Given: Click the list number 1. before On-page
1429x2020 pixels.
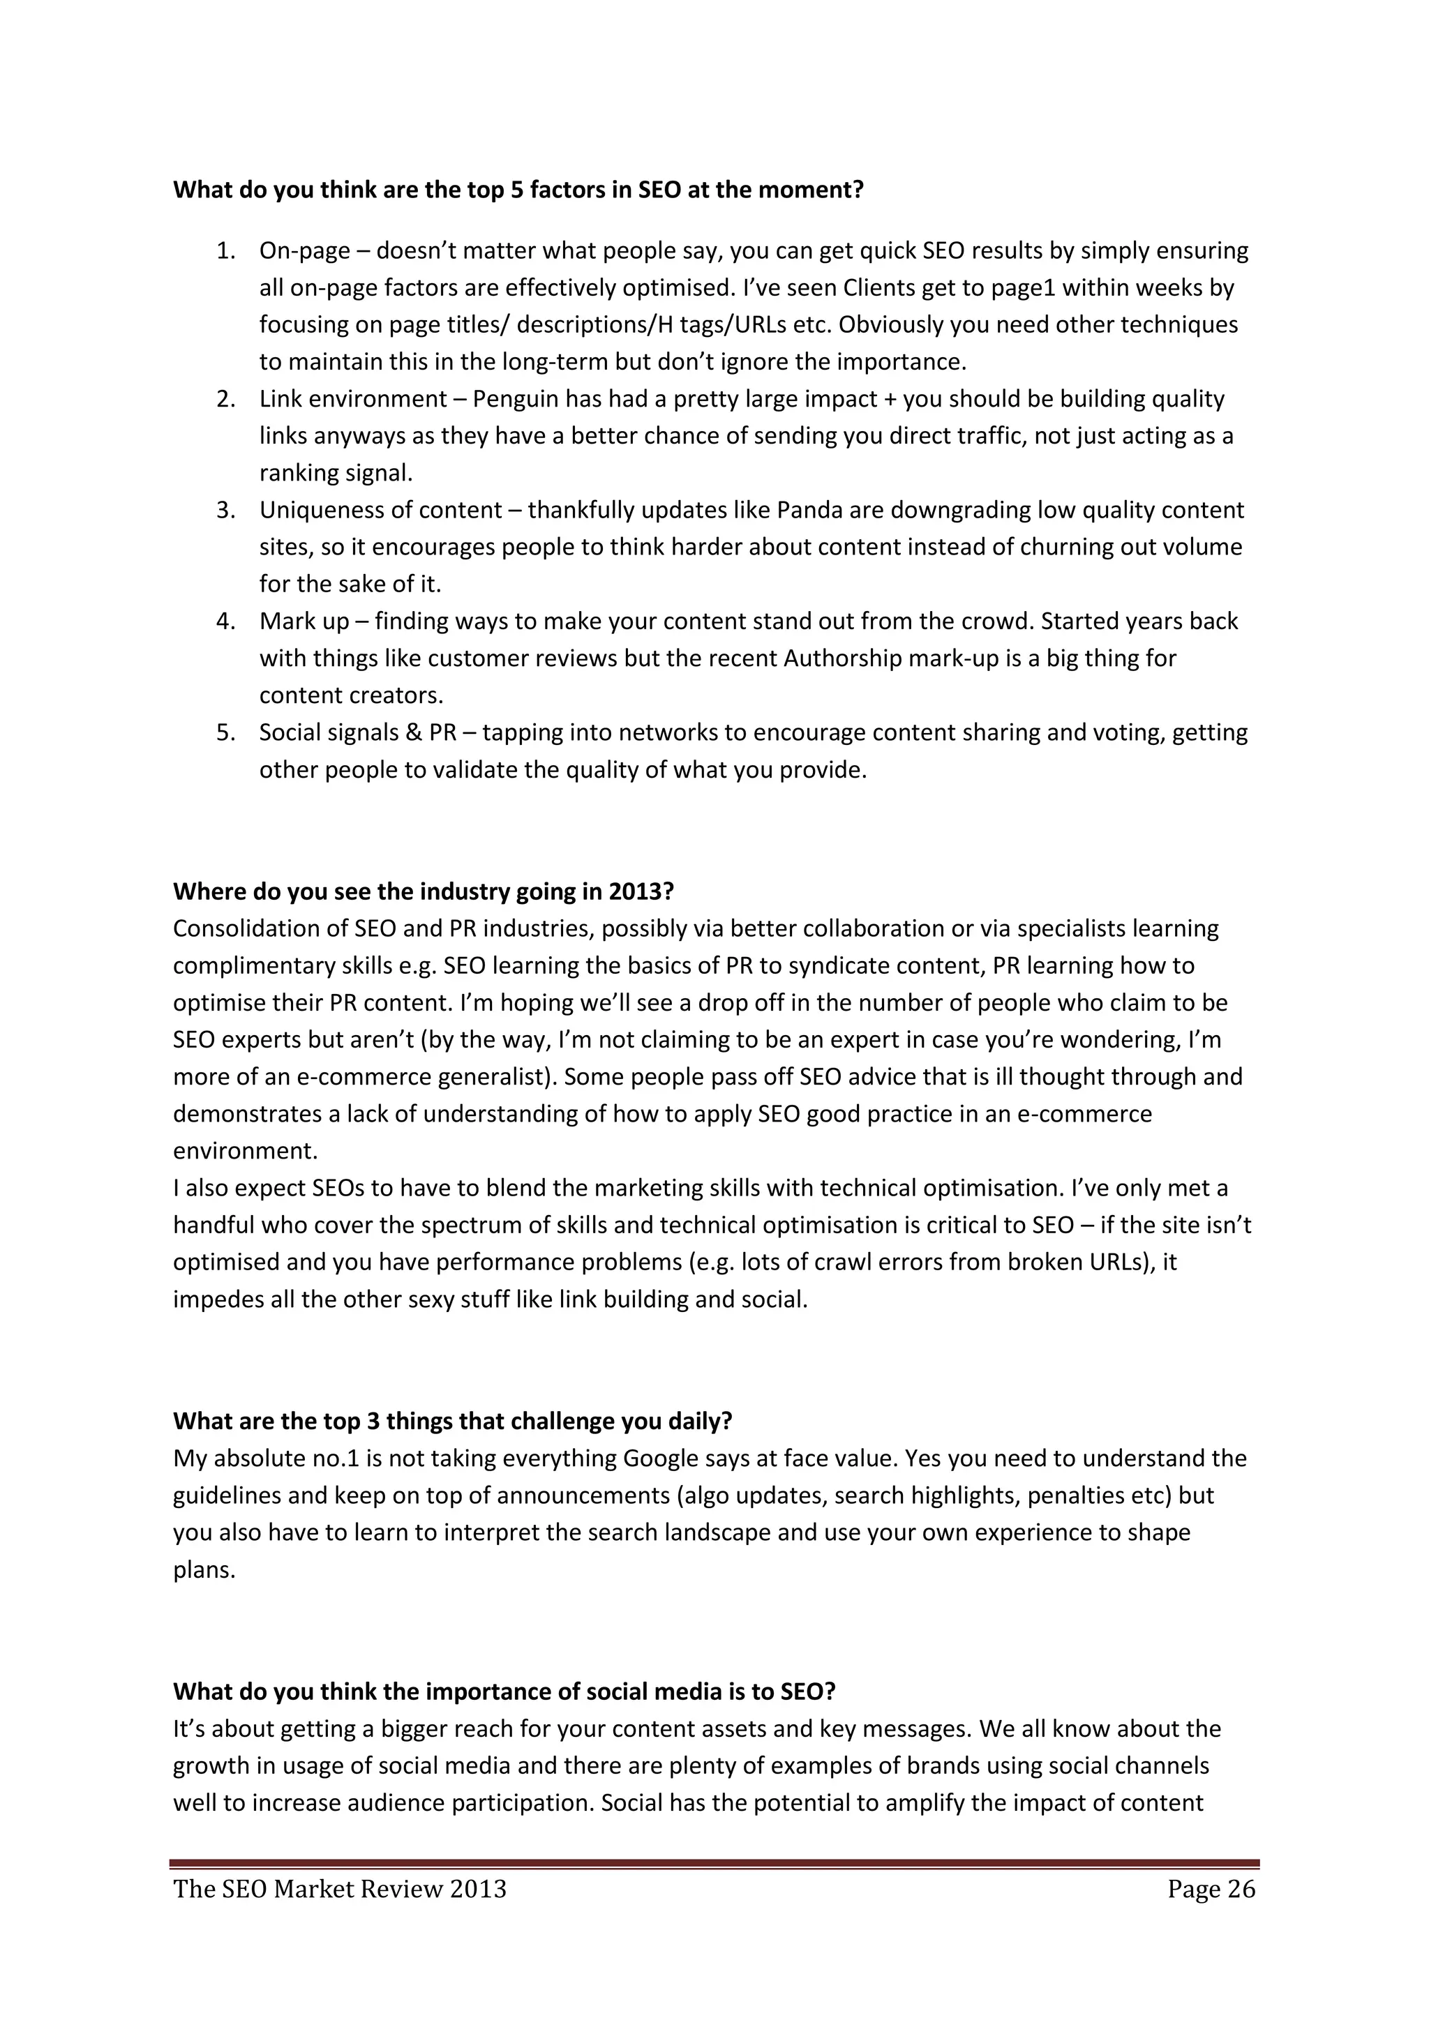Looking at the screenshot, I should tap(226, 252).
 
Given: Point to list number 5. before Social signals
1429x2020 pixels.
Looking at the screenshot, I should tap(226, 733).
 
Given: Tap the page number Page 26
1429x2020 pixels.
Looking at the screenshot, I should tap(1211, 1890).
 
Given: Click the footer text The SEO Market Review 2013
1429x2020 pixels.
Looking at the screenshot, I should tap(340, 1890).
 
